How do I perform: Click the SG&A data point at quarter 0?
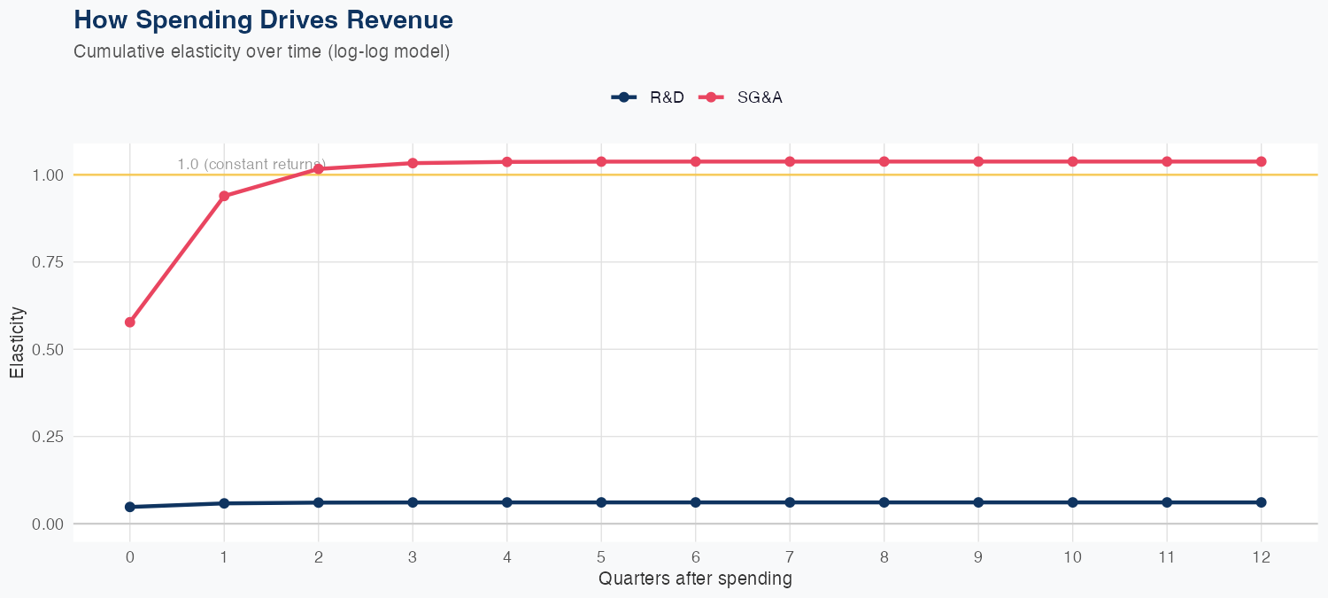[x=130, y=322]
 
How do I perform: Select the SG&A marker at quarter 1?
[x=224, y=196]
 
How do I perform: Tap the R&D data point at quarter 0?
[x=130, y=507]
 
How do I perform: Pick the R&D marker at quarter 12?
[x=1262, y=502]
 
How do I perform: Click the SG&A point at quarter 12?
[x=1262, y=161]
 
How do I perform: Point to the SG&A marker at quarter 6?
[x=696, y=161]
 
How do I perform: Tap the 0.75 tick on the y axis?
[x=48, y=262]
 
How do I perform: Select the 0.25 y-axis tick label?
[x=48, y=437]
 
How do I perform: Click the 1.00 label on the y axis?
[x=48, y=175]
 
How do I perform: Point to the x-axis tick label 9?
[x=978, y=557]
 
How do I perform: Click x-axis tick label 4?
[x=507, y=557]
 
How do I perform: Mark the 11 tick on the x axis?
[x=1167, y=557]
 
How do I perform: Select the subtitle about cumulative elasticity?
[x=262, y=51]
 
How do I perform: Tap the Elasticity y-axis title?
[x=17, y=342]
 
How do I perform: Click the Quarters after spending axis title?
[x=695, y=579]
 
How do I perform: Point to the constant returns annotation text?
[x=251, y=164]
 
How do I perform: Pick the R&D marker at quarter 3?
[x=413, y=502]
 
